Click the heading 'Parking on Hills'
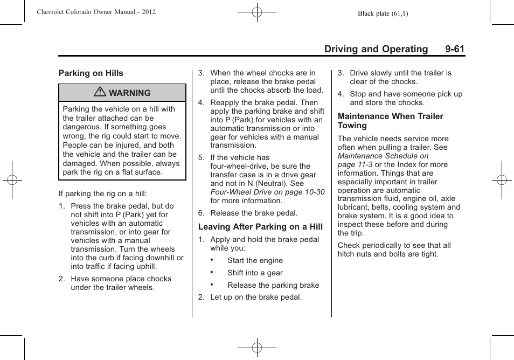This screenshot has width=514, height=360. click(x=91, y=73)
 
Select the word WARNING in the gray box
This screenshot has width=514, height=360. click(x=130, y=93)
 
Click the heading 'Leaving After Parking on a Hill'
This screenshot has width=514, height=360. click(x=260, y=227)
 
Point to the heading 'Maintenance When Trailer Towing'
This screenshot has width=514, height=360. click(x=390, y=121)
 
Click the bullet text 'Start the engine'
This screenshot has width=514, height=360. click(x=254, y=260)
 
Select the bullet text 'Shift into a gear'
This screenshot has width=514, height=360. click(x=255, y=273)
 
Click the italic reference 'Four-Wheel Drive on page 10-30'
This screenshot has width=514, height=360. click(x=267, y=192)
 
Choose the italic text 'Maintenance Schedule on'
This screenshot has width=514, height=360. click(x=383, y=156)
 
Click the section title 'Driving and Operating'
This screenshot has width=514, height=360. click(x=376, y=49)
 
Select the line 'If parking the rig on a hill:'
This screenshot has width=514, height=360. click(x=103, y=193)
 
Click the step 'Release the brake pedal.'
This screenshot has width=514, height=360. click(x=254, y=213)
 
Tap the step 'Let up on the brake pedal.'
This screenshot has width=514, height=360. click(x=256, y=297)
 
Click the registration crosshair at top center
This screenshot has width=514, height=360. click(x=257, y=11)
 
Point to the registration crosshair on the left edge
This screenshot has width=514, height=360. click(x=12, y=180)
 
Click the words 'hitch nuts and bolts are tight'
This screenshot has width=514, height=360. click(x=388, y=254)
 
